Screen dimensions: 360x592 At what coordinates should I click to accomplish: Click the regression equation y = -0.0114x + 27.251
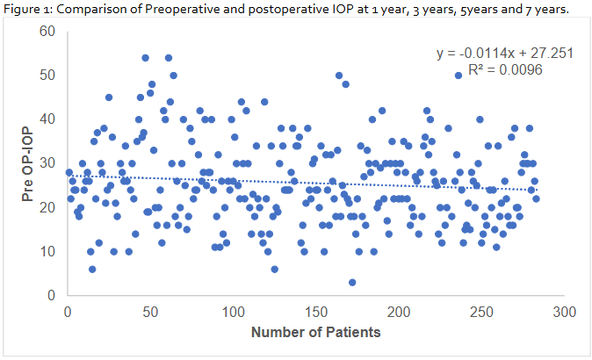[505, 54]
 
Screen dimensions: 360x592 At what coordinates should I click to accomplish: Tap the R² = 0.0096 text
[508, 69]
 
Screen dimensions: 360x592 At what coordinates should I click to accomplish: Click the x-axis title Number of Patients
[315, 333]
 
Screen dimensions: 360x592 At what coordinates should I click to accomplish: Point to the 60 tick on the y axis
[47, 32]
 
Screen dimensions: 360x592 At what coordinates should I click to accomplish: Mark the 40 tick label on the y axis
[47, 119]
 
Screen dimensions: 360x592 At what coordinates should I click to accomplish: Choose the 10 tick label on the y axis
[47, 251]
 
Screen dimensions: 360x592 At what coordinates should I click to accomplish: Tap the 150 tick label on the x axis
[315, 312]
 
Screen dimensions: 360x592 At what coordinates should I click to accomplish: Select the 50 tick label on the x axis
[150, 312]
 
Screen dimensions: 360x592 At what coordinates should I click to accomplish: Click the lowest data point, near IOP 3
[352, 282]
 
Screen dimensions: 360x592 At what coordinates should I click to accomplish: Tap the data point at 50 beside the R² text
[458, 76]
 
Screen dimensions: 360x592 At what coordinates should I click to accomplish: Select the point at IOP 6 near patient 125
[274, 269]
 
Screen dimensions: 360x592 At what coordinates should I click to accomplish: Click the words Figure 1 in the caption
[26, 9]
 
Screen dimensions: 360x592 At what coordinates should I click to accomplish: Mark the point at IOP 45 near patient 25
[109, 97]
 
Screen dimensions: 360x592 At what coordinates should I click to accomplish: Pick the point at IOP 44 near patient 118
[264, 102]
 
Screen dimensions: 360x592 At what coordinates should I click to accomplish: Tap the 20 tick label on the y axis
[47, 207]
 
